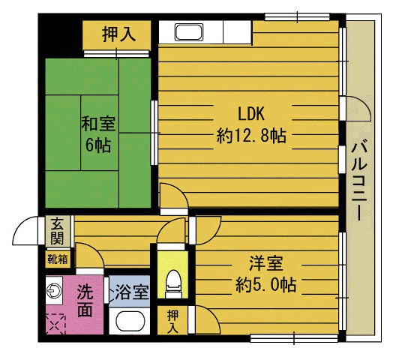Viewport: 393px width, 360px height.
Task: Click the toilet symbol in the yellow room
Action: click(174, 283)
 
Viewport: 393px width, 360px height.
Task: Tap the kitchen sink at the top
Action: click(189, 31)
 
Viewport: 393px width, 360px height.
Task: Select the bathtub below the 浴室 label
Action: click(130, 322)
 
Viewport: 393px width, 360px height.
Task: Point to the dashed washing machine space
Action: click(55, 324)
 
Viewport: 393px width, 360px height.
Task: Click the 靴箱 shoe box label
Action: click(58, 259)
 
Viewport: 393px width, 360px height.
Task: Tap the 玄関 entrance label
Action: click(58, 232)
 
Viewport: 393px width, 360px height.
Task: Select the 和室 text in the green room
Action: click(98, 124)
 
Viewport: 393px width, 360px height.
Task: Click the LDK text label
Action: click(251, 114)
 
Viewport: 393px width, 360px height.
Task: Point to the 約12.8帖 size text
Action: click(251, 136)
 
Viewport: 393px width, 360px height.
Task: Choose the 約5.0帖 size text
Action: click(266, 284)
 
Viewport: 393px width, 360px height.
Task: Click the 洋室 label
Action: click(266, 263)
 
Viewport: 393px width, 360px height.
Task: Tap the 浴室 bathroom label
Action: click(132, 292)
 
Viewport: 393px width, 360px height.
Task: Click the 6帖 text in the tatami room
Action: click(98, 145)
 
